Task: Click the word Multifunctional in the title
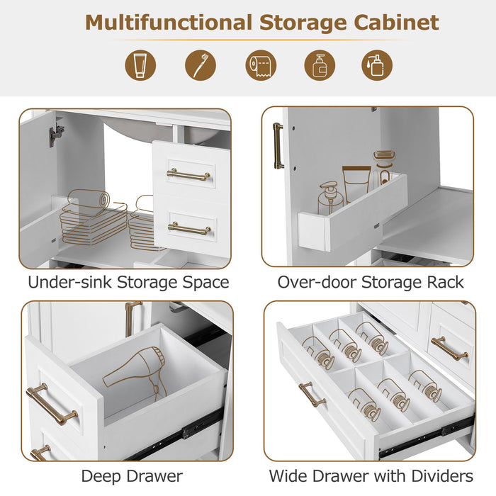[167, 22]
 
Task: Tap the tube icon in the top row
[140, 64]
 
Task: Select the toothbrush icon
[201, 64]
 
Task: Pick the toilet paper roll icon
[261, 64]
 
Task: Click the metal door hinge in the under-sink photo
[56, 133]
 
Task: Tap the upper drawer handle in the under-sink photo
[188, 174]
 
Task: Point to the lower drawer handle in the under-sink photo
[189, 228]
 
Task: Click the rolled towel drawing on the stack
[89, 201]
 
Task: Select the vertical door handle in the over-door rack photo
[278, 145]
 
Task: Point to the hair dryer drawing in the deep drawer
[134, 376]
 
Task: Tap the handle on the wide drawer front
[312, 394]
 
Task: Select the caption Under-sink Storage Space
[128, 282]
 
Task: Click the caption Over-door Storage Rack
[371, 282]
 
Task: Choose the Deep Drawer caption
[132, 476]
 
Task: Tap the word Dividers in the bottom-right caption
[439, 476]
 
